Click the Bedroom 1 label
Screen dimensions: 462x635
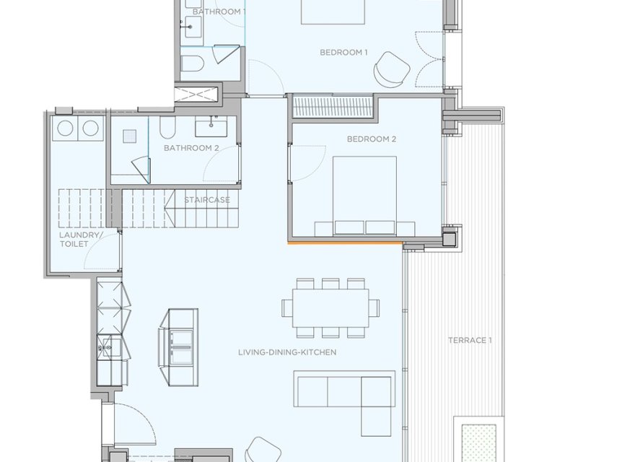click(x=344, y=53)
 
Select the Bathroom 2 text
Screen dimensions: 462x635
click(x=191, y=148)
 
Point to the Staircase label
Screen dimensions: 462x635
click(x=206, y=200)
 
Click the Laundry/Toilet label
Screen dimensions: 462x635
click(x=74, y=240)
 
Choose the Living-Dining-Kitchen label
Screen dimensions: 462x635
click(x=288, y=352)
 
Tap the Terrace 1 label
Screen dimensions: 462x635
click(x=470, y=340)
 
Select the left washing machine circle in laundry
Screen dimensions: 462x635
click(x=66, y=128)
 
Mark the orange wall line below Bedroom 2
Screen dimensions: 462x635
click(x=345, y=243)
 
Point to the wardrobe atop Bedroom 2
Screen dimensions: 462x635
click(x=332, y=107)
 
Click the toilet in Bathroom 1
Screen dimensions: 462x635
click(x=191, y=64)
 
